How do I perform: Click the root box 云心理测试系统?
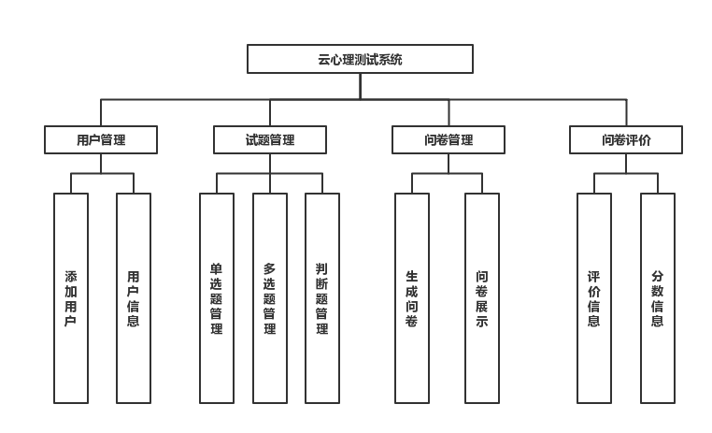tap(360, 59)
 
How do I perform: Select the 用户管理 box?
tap(101, 140)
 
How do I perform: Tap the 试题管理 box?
tap(270, 140)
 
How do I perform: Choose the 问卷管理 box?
tap(449, 140)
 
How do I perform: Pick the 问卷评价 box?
tap(626, 140)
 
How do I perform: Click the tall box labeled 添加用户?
tap(71, 298)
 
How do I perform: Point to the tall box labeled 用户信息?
tap(134, 298)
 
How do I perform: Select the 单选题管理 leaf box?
tap(217, 298)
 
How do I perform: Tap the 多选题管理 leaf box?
tap(270, 298)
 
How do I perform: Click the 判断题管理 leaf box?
tap(322, 298)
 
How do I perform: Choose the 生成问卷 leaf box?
tap(412, 298)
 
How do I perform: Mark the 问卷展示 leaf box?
tap(482, 298)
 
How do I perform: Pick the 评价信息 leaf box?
tap(594, 298)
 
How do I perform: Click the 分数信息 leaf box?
tap(658, 298)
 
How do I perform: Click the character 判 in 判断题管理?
tap(322, 269)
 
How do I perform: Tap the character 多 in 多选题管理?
tap(270, 269)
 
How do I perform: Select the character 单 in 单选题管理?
tap(217, 269)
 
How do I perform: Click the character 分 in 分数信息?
tap(658, 277)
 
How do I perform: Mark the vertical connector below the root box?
tap(360, 86)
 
